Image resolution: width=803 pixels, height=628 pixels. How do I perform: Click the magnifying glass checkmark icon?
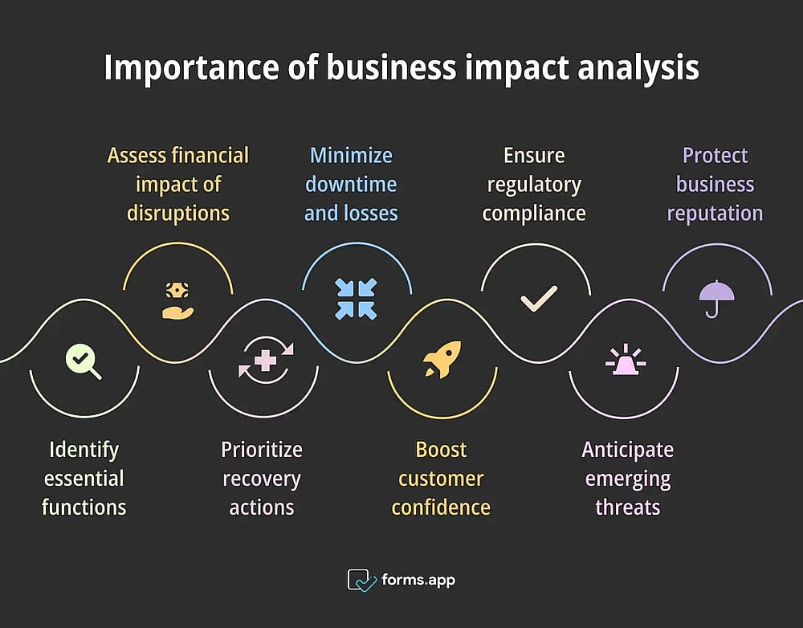(x=83, y=361)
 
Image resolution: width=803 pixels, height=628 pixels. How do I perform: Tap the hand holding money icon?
(x=177, y=300)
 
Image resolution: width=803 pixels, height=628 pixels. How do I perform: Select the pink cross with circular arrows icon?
(x=266, y=360)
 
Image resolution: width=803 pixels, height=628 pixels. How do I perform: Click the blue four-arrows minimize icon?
(x=356, y=300)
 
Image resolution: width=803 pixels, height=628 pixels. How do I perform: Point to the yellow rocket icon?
(x=442, y=360)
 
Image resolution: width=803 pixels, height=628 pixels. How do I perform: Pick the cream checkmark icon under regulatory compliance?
(x=539, y=299)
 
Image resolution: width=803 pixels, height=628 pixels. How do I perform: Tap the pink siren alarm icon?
(x=626, y=359)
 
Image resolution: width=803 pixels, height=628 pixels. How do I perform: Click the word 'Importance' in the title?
(x=192, y=67)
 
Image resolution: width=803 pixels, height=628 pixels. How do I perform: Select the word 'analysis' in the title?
(x=638, y=67)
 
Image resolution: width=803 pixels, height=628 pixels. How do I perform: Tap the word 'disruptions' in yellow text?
(x=178, y=214)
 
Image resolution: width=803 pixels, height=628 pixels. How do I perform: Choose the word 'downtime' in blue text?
(x=351, y=185)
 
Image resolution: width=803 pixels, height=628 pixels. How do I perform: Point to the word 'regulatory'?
(x=534, y=185)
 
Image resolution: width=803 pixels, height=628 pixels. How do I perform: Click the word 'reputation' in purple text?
(x=715, y=214)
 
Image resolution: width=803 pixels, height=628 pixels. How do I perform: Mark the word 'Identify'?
(x=84, y=451)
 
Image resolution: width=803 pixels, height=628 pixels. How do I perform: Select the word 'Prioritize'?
(x=262, y=450)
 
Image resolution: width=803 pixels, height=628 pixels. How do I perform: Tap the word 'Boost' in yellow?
(x=441, y=450)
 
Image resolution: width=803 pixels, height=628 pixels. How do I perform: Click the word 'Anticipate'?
(x=628, y=451)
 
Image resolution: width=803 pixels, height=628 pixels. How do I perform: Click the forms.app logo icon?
(x=361, y=580)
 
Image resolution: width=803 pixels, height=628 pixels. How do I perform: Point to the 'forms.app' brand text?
(x=418, y=580)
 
